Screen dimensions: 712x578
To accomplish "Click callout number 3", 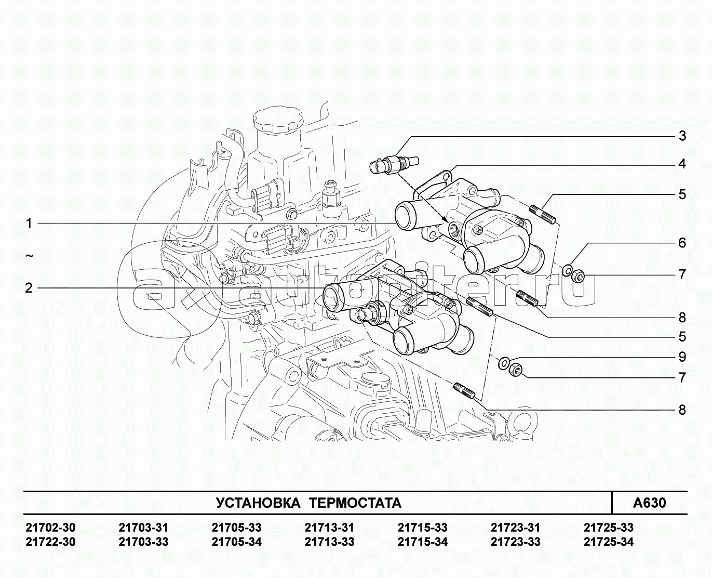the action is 682,136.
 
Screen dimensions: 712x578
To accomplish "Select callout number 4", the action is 682,164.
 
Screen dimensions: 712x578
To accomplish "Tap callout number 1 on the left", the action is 29,224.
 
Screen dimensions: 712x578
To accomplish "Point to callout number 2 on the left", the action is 29,288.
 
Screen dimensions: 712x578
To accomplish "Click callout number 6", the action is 682,243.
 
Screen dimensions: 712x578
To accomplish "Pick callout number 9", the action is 682,357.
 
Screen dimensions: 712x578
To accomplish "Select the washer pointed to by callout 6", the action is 567,270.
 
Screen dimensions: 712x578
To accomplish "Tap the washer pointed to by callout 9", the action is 503,363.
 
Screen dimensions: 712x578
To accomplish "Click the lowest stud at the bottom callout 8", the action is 464,392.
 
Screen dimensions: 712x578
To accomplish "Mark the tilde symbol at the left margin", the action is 30,256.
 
